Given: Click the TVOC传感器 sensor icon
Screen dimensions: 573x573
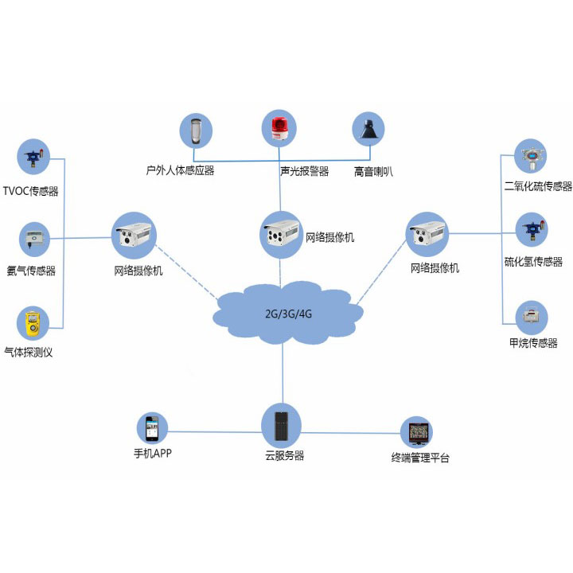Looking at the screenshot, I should click(33, 157).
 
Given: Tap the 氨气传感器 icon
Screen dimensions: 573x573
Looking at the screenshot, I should click(33, 237).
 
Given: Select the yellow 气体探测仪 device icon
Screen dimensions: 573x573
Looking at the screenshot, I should click(33, 322).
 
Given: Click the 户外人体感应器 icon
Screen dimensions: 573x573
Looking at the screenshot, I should click(196, 131).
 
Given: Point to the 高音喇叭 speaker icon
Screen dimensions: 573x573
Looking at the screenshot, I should click(369, 131).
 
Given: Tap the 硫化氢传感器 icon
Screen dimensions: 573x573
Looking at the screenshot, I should click(530, 229).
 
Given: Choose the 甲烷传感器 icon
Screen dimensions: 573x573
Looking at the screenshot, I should click(530, 316).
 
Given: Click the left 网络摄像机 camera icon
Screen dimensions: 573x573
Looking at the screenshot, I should click(133, 235).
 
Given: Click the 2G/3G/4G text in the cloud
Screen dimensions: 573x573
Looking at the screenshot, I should click(288, 313).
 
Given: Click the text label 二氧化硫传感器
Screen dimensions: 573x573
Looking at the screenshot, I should click(538, 186).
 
